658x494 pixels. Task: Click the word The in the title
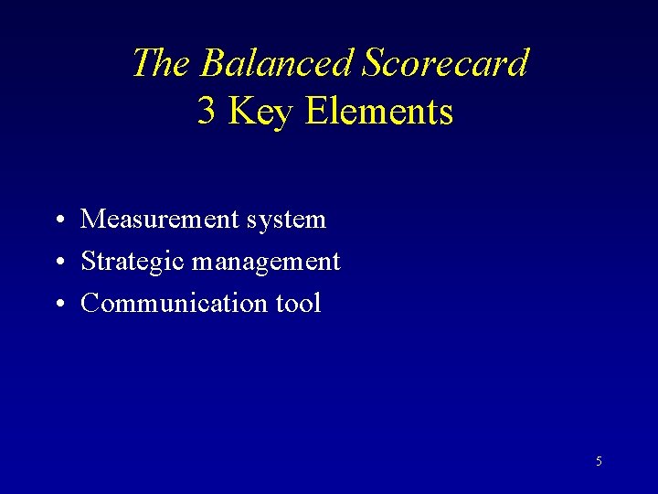(162, 63)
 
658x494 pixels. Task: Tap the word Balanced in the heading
(277, 63)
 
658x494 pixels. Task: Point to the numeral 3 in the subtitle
(207, 112)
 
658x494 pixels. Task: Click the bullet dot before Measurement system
(58, 220)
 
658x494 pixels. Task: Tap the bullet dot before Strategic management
(58, 263)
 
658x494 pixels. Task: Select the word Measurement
(158, 220)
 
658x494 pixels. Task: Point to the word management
(267, 263)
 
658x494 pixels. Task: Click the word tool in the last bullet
(299, 304)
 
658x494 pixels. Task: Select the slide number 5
(599, 462)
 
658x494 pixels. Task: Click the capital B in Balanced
(212, 63)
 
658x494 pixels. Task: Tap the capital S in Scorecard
(373, 63)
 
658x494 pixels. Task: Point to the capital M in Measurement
(92, 220)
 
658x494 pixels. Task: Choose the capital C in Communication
(90, 304)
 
